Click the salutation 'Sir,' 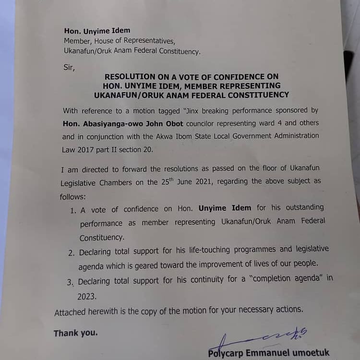point(69,67)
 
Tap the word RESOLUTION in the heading point(130,77)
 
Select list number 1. point(73,211)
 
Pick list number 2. point(71,253)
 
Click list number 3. point(70,282)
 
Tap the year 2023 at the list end point(87,297)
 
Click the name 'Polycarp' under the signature point(226,353)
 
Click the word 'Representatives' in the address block point(144,41)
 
